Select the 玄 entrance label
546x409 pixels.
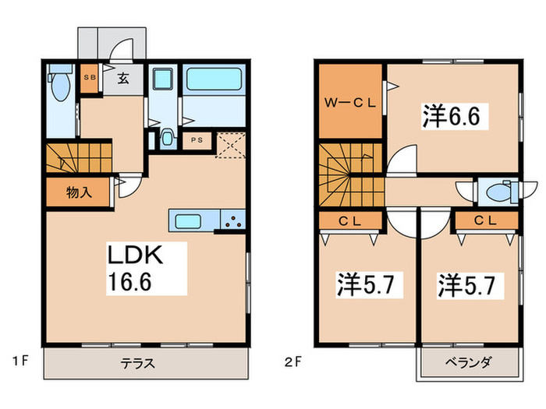click(x=123, y=78)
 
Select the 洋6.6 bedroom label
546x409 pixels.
click(x=456, y=118)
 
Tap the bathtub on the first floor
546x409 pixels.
click(x=213, y=80)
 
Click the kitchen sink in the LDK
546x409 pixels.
click(x=190, y=220)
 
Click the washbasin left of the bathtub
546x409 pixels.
click(x=164, y=80)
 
